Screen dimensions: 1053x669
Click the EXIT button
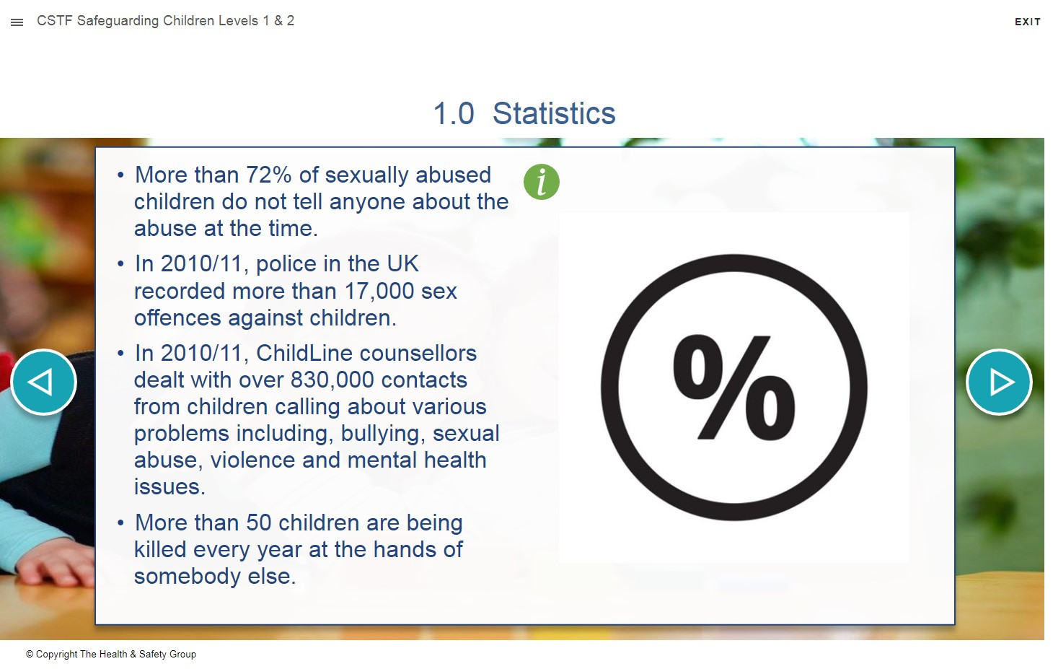pos(1027,22)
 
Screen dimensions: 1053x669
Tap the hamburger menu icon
pos(17,22)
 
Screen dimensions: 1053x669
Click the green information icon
pos(541,182)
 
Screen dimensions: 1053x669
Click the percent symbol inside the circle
pos(733,388)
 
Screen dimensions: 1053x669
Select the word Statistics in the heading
pos(554,113)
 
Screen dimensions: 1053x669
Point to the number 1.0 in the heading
pos(453,113)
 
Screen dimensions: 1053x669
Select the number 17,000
pos(379,292)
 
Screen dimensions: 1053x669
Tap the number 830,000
pos(332,380)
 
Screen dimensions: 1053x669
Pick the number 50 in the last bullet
pos(258,522)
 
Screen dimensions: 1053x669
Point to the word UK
pos(402,264)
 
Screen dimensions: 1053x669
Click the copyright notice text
pos(111,654)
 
